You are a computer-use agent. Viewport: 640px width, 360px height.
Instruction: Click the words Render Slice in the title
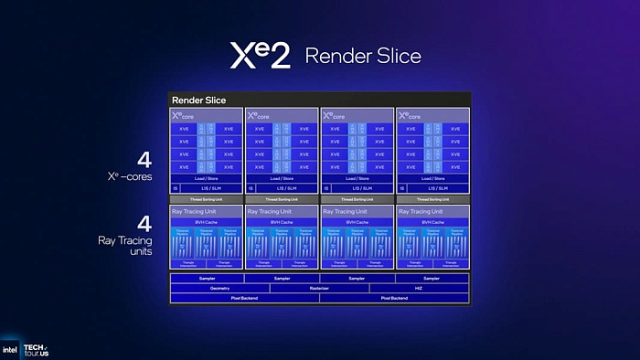pyautogui.click(x=363, y=56)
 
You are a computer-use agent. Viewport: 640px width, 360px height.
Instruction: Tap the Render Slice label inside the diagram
pyautogui.click(x=198, y=100)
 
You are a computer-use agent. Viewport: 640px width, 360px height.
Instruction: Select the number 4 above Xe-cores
pyautogui.click(x=143, y=160)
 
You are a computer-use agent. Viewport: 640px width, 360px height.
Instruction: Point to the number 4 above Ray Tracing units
pyautogui.click(x=143, y=224)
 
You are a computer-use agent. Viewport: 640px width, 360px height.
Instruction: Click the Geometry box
pyautogui.click(x=219, y=288)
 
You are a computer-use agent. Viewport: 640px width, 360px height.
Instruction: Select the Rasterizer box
pyautogui.click(x=319, y=288)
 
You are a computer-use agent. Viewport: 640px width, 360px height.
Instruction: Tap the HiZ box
pyautogui.click(x=419, y=288)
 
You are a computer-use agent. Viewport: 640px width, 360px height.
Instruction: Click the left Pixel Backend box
pyautogui.click(x=244, y=298)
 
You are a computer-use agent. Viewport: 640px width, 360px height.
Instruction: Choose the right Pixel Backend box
pyautogui.click(x=394, y=298)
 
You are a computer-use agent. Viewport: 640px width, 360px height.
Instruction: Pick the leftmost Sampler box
pyautogui.click(x=207, y=278)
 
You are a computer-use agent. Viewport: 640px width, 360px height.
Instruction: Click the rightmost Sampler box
pyautogui.click(x=432, y=278)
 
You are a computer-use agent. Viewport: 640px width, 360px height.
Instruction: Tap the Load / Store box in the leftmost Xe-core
pyautogui.click(x=206, y=177)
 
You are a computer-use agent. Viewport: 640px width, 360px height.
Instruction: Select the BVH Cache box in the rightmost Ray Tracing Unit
pyautogui.click(x=432, y=222)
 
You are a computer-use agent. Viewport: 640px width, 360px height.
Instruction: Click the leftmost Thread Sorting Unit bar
pyautogui.click(x=206, y=198)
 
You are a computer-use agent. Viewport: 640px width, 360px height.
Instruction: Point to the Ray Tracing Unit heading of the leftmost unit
pyautogui.click(x=195, y=211)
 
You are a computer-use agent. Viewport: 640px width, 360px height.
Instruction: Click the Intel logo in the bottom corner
pyautogui.click(x=11, y=350)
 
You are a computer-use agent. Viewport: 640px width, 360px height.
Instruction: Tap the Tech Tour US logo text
pyautogui.click(x=37, y=350)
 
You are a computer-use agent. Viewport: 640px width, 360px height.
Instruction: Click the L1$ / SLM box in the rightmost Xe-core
pyautogui.click(x=439, y=187)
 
